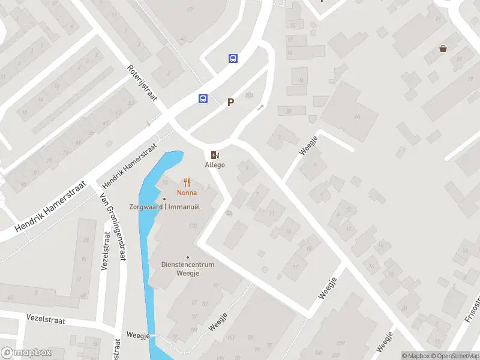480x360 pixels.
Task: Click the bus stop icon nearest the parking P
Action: pos(203,99)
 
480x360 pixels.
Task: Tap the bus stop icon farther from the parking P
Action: pos(233,58)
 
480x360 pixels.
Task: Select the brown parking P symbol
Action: pos(230,103)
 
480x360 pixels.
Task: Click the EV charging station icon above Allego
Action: pos(215,155)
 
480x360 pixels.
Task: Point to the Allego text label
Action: pos(215,165)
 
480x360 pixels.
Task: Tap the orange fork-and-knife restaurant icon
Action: pos(187,182)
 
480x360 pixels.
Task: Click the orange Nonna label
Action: pos(187,193)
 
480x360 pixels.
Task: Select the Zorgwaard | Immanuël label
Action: pos(164,206)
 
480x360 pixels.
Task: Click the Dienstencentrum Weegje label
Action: pos(188,268)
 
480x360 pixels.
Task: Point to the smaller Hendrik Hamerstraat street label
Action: pos(129,164)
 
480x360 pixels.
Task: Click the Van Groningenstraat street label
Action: pos(113,227)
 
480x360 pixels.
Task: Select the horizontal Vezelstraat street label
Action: pos(44,317)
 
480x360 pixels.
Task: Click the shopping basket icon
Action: pos(443,49)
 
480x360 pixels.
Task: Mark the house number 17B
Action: pos(193,226)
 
